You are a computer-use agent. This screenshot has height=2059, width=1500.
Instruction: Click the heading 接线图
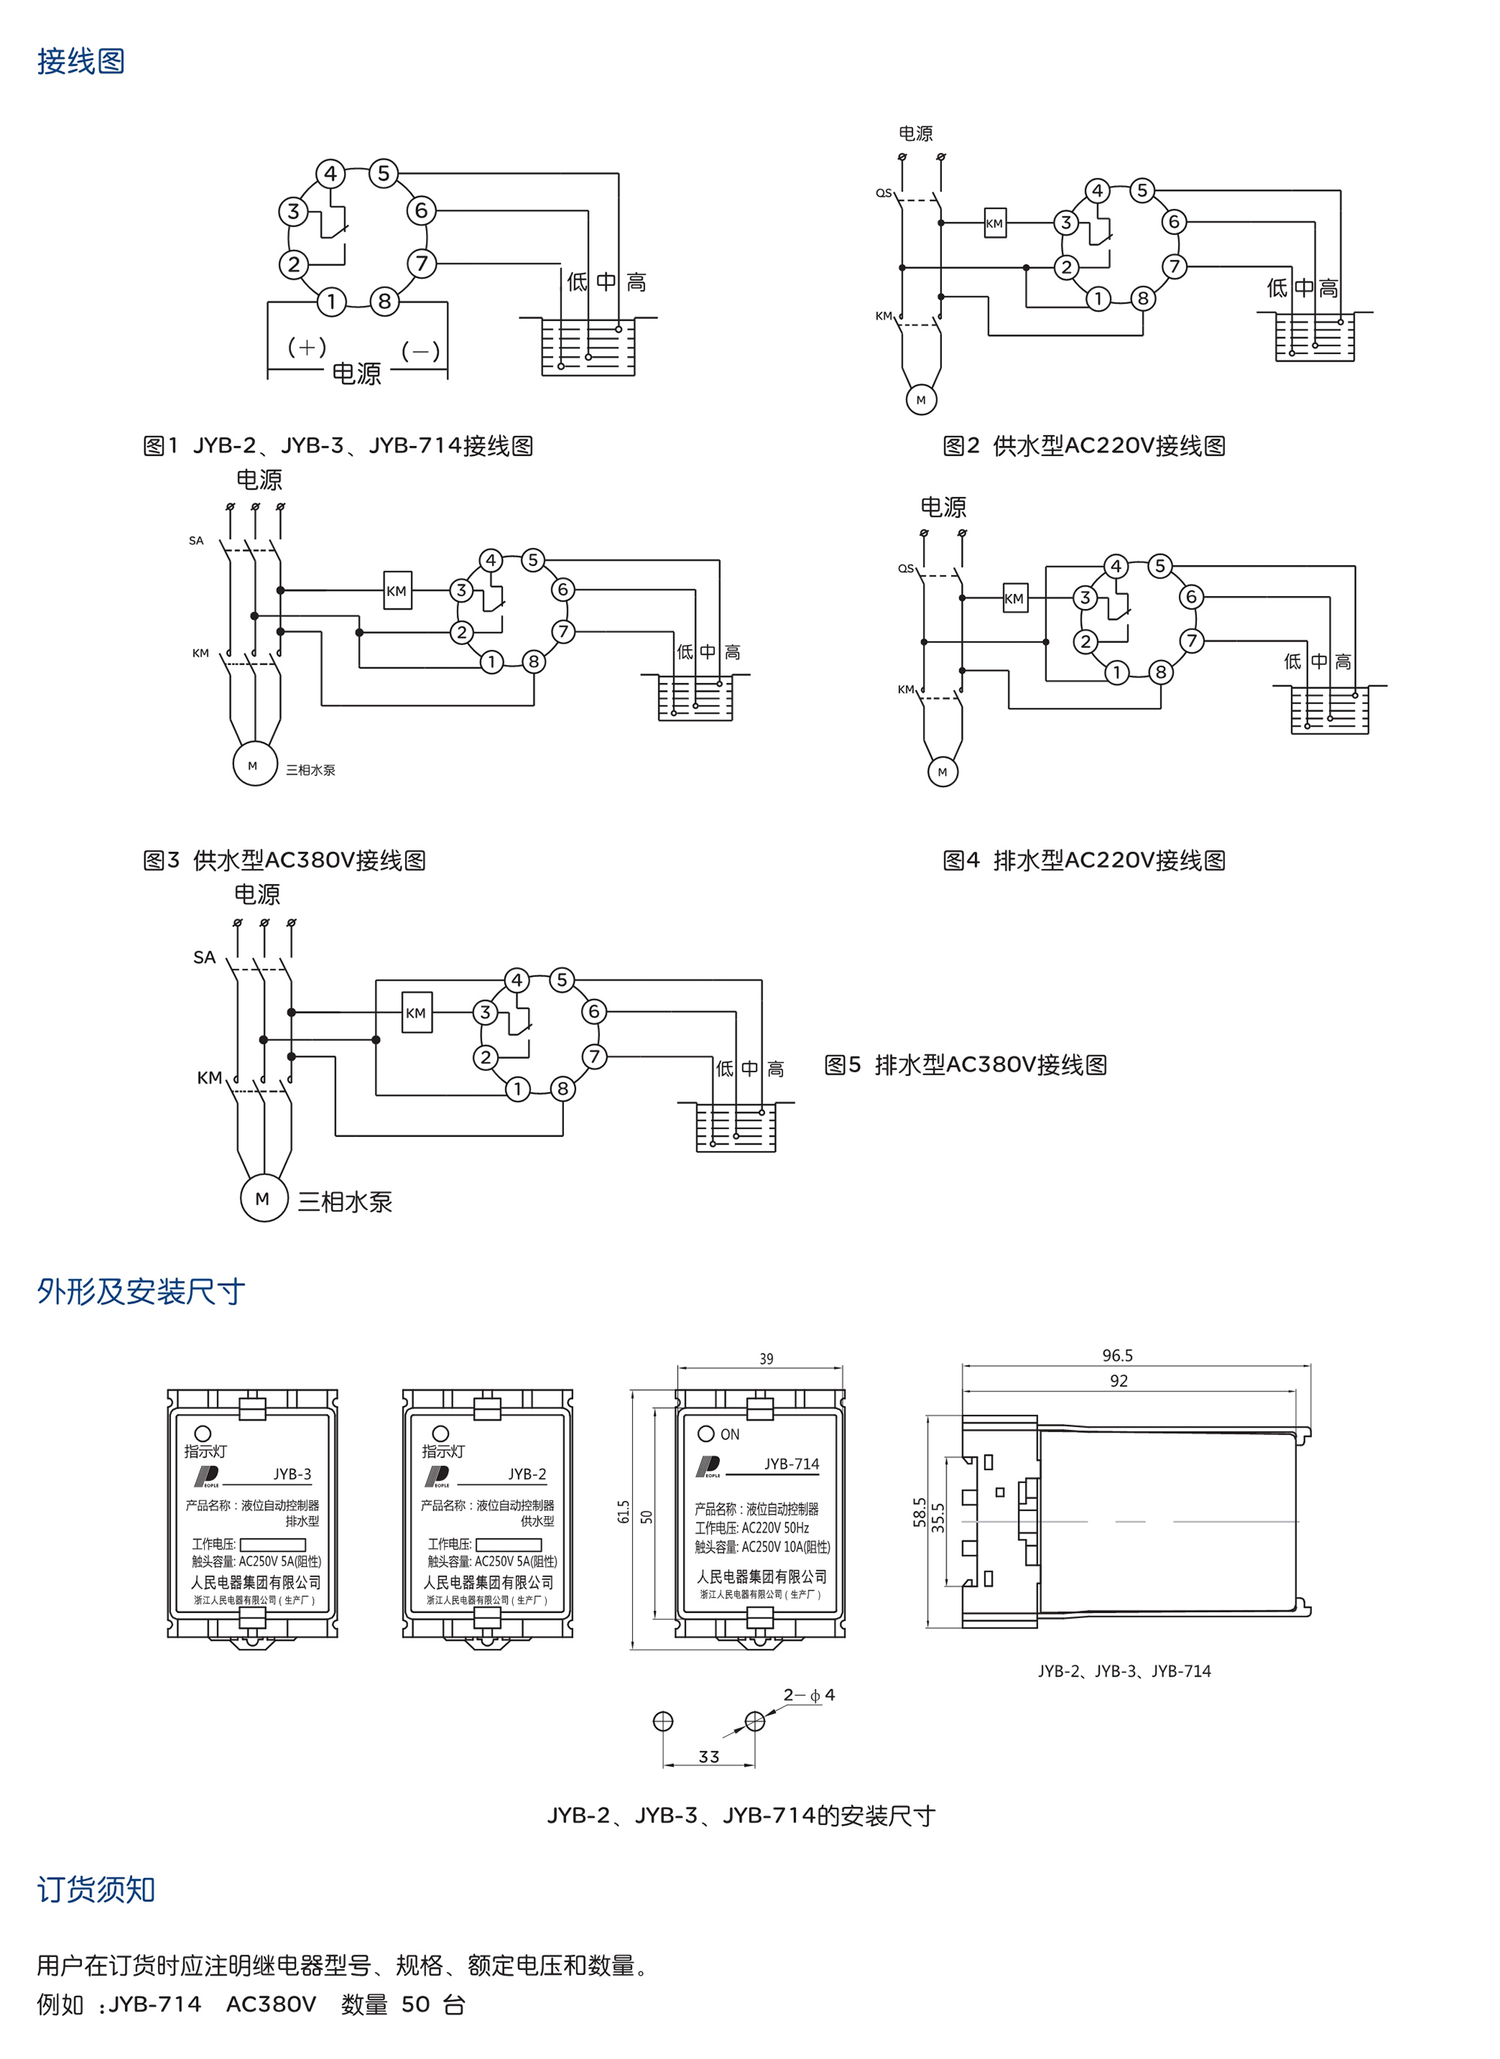(x=81, y=61)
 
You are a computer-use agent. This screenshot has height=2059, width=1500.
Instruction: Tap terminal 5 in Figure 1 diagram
(x=384, y=173)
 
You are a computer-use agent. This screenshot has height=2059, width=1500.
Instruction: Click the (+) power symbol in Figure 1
(x=307, y=347)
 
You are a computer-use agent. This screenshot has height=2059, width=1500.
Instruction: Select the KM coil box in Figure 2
(x=995, y=223)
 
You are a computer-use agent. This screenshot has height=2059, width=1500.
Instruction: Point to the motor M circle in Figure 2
(x=921, y=400)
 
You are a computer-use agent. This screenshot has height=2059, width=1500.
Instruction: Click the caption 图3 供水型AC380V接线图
(x=284, y=860)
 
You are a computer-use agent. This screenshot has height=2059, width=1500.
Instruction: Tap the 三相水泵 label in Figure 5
(x=345, y=1202)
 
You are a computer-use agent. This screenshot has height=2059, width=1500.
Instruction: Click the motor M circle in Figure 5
(x=263, y=1198)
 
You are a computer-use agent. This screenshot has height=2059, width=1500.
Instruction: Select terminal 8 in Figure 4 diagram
(x=1159, y=672)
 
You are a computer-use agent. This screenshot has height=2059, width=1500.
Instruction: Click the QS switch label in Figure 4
(x=905, y=568)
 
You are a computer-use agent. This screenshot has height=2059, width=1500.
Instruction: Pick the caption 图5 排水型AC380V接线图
(x=965, y=1065)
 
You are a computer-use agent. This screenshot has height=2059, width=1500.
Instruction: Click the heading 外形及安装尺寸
(x=141, y=1291)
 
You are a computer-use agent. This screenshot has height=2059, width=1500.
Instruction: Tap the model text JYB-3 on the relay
(x=292, y=1474)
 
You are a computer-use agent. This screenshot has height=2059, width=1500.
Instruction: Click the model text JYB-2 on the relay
(x=526, y=1474)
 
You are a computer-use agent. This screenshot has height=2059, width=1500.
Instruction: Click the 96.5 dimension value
(x=1117, y=1356)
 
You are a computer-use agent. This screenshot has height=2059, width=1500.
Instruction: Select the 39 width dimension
(x=766, y=1359)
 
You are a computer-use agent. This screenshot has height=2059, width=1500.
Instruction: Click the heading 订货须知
(x=96, y=1890)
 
